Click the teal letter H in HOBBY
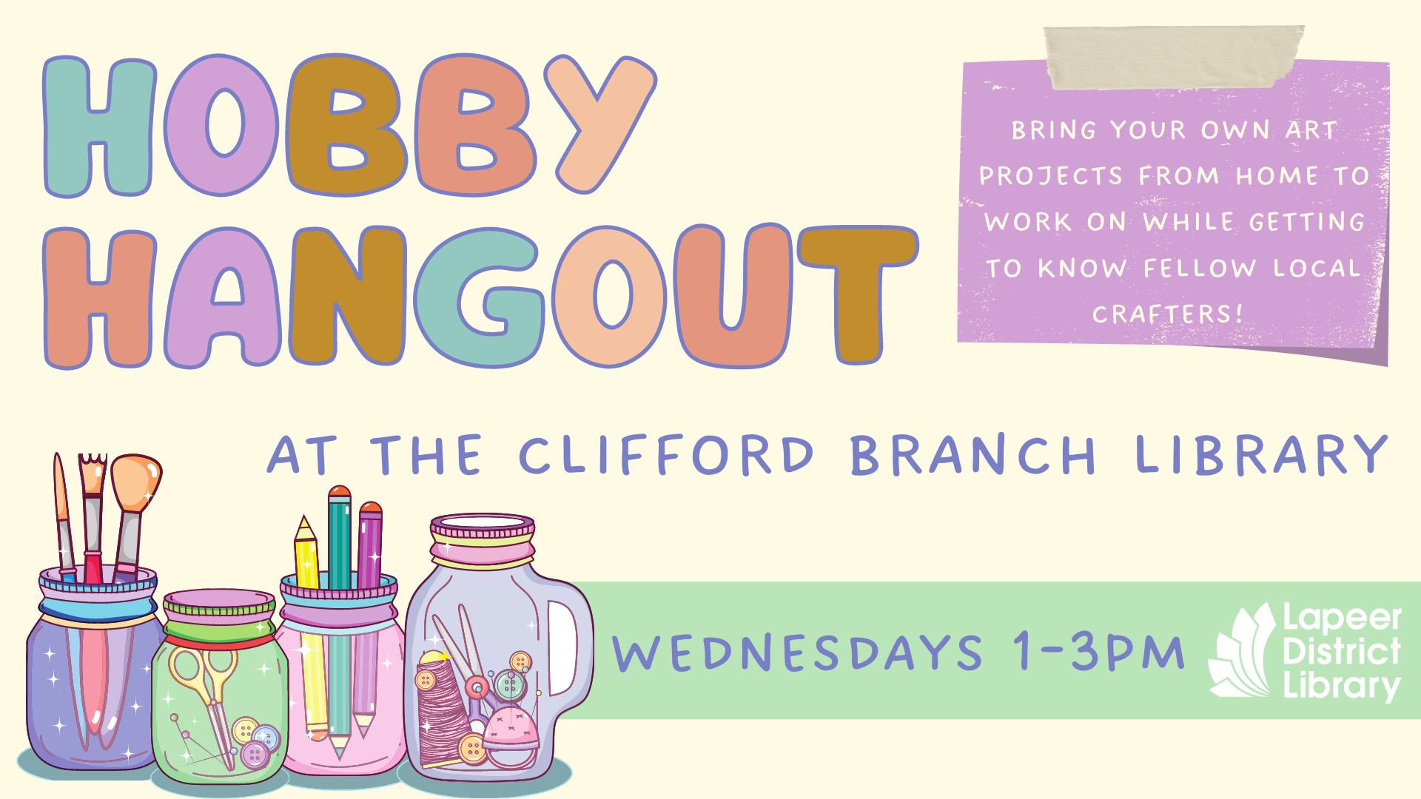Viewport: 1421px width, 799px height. click(x=99, y=127)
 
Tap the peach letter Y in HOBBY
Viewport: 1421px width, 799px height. click(x=599, y=122)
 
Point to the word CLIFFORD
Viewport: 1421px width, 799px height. click(x=666, y=454)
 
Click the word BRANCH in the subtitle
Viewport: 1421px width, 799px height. click(x=972, y=454)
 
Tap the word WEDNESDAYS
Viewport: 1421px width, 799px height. click(x=797, y=653)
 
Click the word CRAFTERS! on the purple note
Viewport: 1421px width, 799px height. click(x=1167, y=314)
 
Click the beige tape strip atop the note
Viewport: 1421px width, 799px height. click(x=1173, y=58)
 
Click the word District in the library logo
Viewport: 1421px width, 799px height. click(x=1342, y=651)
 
